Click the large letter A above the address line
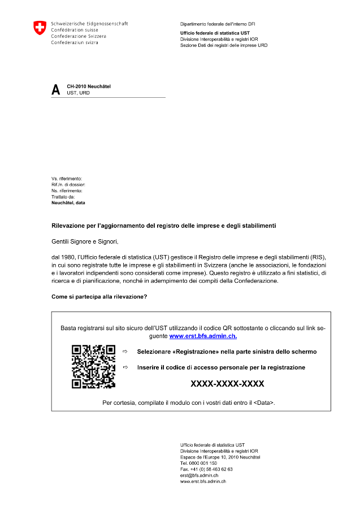55,89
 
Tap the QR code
93,367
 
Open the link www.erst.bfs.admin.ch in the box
203,336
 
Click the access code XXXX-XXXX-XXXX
227,384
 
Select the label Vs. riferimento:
67,179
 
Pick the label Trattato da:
63,196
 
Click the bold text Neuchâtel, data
68,202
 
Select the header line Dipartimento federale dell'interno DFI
218,24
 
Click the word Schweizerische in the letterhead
66,24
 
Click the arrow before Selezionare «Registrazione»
125,352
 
